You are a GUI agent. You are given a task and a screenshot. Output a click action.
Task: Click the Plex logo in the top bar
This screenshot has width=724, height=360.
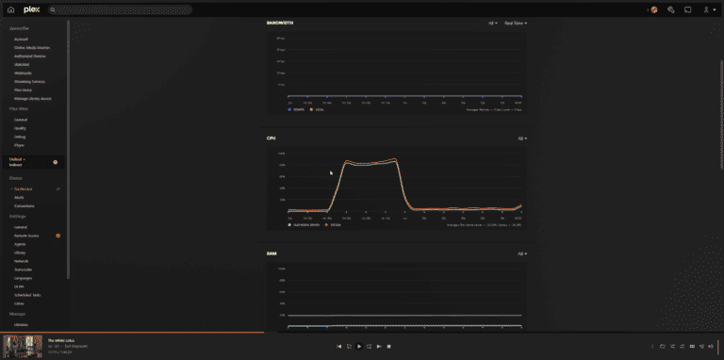pos(32,9)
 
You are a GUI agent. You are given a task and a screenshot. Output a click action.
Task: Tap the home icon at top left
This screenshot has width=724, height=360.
pos(10,9)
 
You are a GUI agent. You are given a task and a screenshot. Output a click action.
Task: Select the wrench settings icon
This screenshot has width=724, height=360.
pos(670,9)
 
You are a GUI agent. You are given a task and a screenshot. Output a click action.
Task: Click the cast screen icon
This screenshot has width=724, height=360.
pos(688,9)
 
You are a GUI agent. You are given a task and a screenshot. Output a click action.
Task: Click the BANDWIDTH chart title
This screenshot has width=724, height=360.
pos(280,23)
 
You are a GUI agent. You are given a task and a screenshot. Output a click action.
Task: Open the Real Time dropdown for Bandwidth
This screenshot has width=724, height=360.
pos(515,23)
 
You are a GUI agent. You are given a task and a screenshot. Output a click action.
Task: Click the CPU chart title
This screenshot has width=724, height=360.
pos(271,138)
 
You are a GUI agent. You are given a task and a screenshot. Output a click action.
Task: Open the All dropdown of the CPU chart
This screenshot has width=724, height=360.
pos(521,138)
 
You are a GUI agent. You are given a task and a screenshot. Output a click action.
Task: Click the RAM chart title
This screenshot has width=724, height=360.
pos(271,254)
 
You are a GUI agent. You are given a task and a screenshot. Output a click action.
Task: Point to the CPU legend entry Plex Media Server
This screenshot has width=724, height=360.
pos(304,225)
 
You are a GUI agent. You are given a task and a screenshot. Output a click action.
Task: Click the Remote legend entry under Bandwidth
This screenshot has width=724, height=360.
pos(298,109)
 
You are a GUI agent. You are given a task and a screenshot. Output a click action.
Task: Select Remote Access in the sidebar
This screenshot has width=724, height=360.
pos(25,235)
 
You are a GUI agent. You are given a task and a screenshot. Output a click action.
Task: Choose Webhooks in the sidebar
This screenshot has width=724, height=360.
pos(23,73)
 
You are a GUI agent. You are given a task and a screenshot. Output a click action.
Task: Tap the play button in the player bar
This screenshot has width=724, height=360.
pos(359,346)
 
